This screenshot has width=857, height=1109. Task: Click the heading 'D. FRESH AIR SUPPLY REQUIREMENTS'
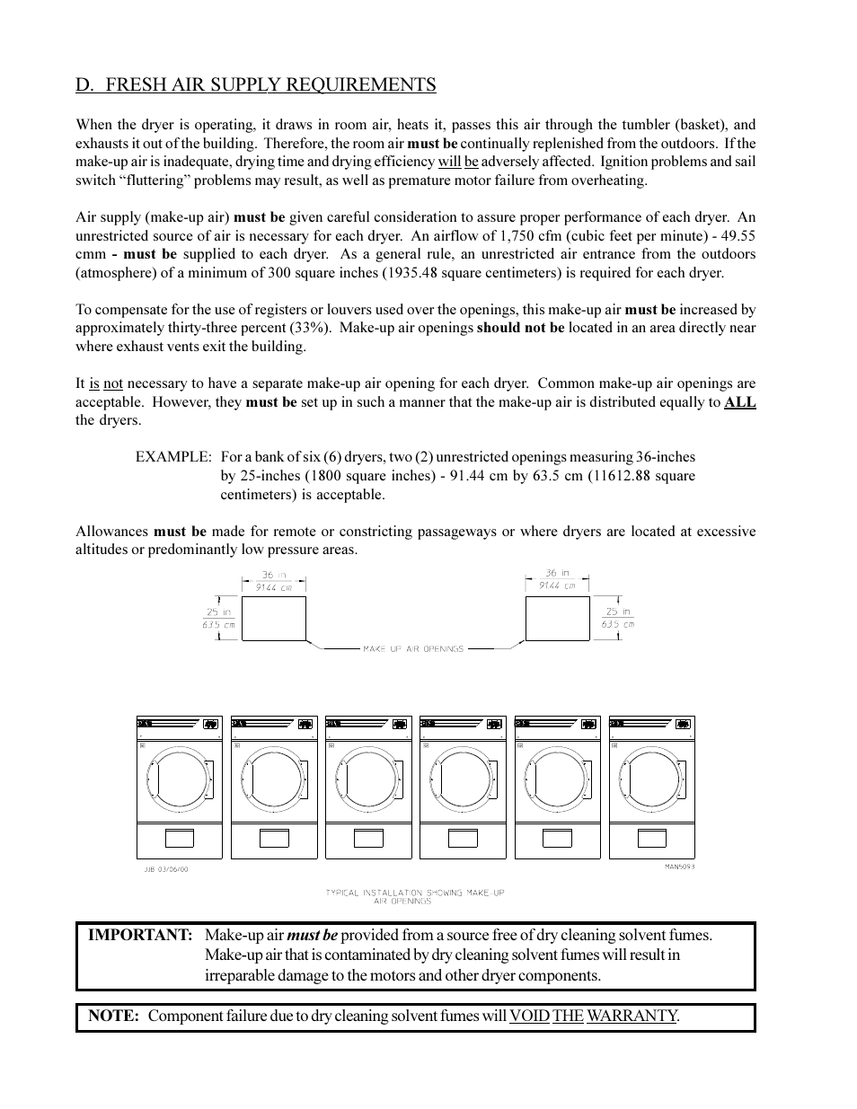[256, 85]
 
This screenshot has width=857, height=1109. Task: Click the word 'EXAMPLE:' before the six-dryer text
[173, 457]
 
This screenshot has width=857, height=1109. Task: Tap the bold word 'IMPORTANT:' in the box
[140, 936]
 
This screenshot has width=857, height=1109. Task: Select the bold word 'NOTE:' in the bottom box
[113, 1017]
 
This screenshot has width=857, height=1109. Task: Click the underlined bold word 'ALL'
[739, 403]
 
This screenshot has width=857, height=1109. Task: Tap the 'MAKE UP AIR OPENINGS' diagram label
[413, 648]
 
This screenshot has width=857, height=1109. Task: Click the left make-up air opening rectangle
[273, 619]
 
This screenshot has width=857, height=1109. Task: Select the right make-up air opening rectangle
[557, 619]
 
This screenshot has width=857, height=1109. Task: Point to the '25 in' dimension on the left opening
[219, 612]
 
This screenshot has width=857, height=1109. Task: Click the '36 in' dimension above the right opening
[557, 573]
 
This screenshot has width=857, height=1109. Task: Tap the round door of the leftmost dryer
[179, 779]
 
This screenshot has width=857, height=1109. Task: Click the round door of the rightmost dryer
[651, 779]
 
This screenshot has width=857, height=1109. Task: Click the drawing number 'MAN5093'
[679, 867]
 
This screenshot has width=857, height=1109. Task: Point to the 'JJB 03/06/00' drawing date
[166, 868]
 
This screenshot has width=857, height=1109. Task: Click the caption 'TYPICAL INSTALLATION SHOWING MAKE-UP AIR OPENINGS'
[415, 896]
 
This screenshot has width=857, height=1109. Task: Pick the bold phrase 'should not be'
[520, 328]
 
